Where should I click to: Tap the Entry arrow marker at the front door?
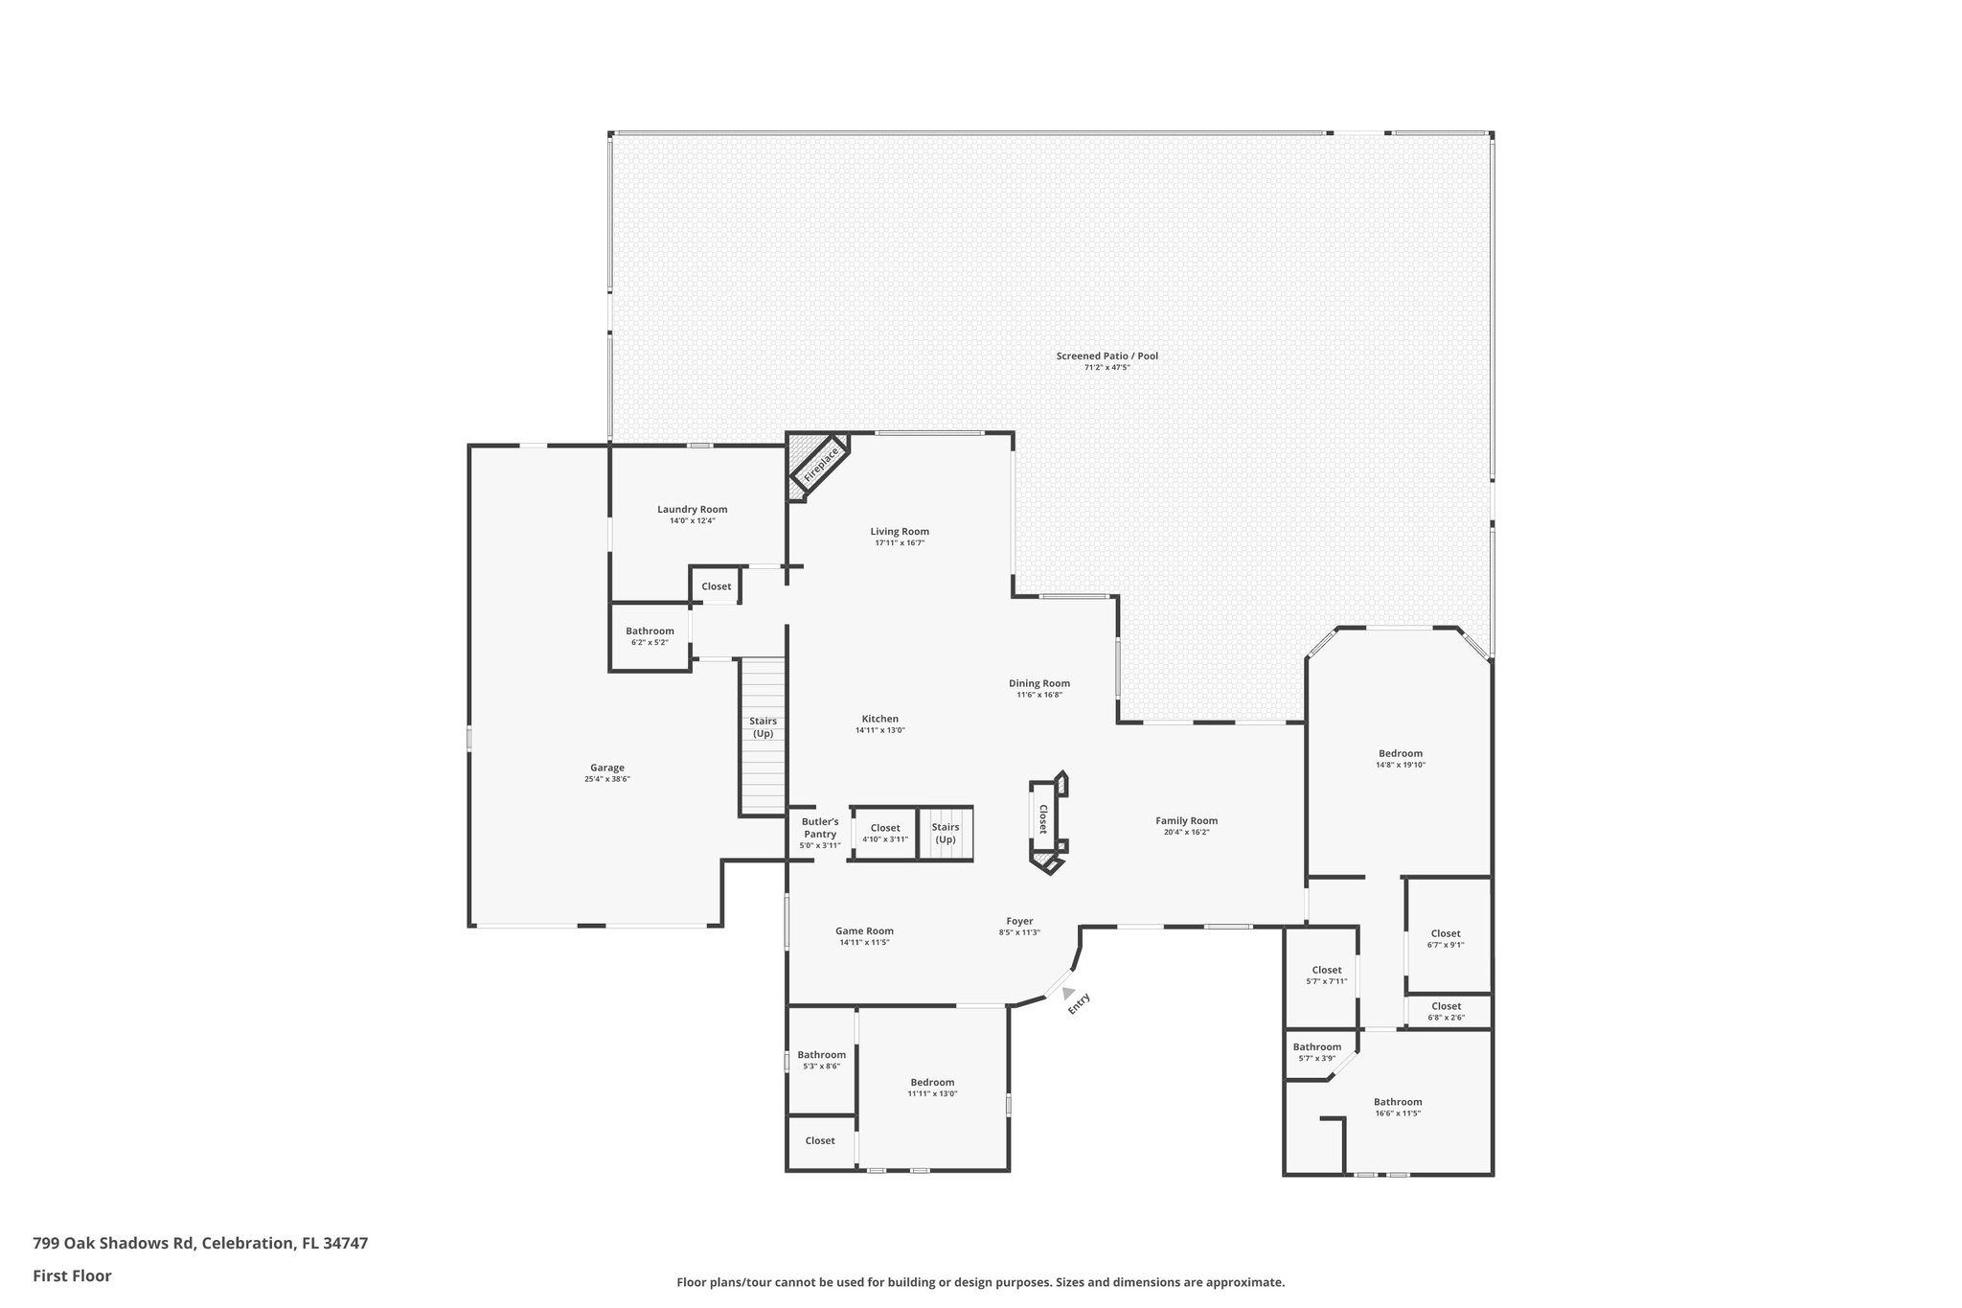(1068, 994)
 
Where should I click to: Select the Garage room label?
(606, 768)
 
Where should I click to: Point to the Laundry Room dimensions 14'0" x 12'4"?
(692, 520)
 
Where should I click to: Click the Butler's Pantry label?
(820, 828)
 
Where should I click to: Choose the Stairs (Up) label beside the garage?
(763, 727)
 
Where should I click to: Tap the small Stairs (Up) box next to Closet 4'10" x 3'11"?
(945, 833)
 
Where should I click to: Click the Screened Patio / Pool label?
(1106, 356)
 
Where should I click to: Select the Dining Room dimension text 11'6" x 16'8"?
(1038, 695)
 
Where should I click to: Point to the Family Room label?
(1186, 820)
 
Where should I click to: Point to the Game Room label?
(864, 930)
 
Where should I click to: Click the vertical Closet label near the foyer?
(1042, 818)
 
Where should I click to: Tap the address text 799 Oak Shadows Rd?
(114, 1243)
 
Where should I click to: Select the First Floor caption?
(72, 1275)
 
